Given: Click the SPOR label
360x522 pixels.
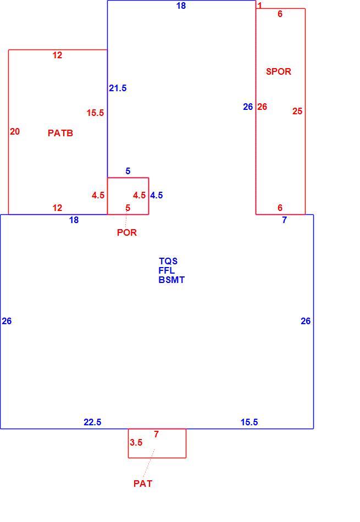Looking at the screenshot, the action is click(x=279, y=71).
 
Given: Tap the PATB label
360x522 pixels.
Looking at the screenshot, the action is click(x=60, y=133).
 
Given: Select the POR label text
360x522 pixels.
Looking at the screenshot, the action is click(x=127, y=232).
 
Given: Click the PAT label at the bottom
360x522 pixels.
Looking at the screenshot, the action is click(x=143, y=484).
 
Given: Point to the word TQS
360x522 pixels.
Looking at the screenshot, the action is click(x=168, y=261).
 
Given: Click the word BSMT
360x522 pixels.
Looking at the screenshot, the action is click(x=171, y=280).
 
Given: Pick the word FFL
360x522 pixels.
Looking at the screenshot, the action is click(x=167, y=270).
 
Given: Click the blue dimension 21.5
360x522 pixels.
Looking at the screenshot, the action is click(x=118, y=88).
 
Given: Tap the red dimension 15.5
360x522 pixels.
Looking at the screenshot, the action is click(x=95, y=113).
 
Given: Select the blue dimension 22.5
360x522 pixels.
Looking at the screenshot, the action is click(x=92, y=422).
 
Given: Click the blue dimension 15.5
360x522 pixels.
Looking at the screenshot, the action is click(x=250, y=422).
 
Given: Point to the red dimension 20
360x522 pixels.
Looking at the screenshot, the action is click(x=15, y=132).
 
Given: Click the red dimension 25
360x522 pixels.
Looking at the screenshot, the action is click(x=297, y=111).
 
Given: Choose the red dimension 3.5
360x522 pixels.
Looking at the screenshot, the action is click(x=136, y=442).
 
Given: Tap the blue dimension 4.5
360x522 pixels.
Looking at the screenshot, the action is click(x=156, y=196).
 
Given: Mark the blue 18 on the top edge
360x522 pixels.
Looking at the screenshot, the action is click(x=181, y=5).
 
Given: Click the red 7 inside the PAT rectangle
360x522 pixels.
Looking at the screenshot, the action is click(x=156, y=434).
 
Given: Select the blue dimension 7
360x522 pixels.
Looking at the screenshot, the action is click(x=284, y=220).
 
